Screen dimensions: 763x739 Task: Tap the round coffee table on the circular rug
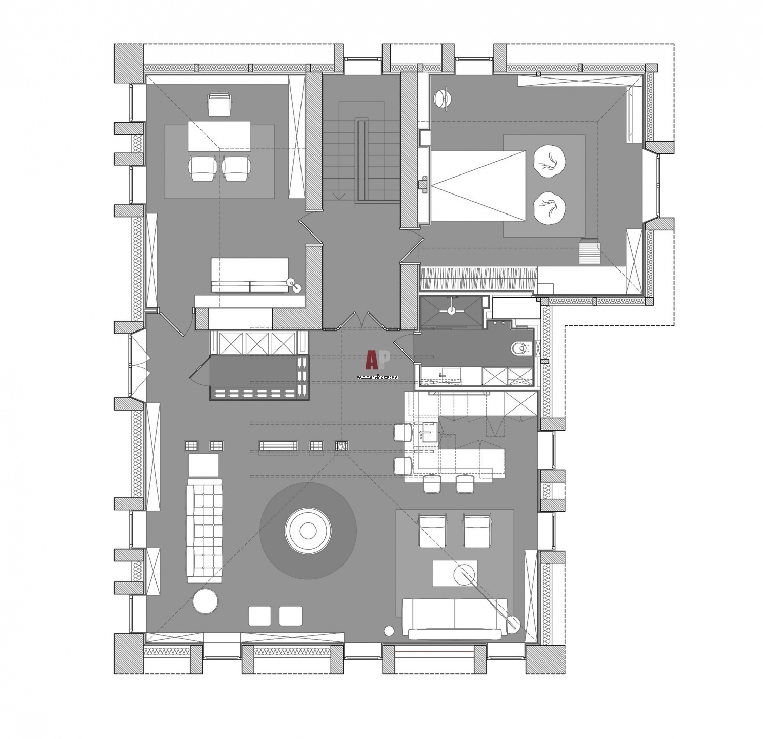[308, 531]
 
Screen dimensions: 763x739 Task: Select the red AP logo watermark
[377, 360]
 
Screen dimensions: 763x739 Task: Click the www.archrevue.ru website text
[378, 376]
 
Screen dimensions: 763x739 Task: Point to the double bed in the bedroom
[478, 186]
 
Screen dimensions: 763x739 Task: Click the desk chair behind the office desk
[219, 104]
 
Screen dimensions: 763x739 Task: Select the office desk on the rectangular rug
[219, 136]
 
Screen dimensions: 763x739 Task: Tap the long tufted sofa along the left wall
[205, 531]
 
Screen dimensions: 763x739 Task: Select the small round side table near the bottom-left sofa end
[206, 601]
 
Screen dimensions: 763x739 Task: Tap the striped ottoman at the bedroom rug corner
[590, 251]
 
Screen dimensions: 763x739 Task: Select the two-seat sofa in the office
[250, 275]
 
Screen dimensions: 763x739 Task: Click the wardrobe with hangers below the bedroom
[479, 279]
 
